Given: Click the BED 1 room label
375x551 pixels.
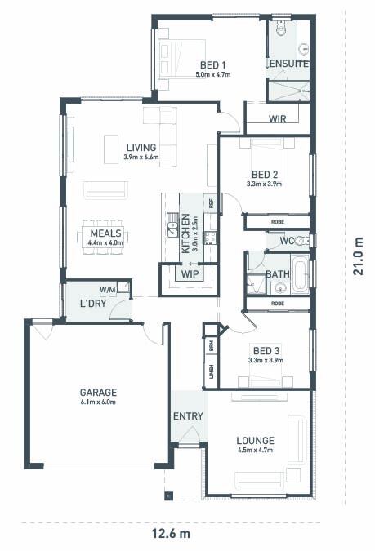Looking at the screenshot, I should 212,64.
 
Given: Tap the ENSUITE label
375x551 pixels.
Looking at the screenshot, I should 288,64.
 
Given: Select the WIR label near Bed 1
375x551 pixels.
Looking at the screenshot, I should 278,118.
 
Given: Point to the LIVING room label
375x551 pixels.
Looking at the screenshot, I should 141,147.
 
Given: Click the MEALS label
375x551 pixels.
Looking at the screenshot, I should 105,233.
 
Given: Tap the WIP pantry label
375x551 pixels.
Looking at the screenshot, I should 189,273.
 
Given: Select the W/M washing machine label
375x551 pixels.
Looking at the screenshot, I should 108,289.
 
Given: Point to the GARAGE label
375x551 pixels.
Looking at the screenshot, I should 98,391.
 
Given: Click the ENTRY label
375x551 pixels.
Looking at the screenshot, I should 188,416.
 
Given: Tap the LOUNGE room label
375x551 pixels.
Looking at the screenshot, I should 256,441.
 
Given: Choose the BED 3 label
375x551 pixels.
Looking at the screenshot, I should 265,350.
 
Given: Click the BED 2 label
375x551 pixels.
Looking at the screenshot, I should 265,175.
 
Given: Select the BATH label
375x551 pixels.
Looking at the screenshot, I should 277,275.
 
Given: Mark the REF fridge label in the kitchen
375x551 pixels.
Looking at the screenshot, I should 211,203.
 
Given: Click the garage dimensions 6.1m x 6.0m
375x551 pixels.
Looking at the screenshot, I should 98,402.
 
